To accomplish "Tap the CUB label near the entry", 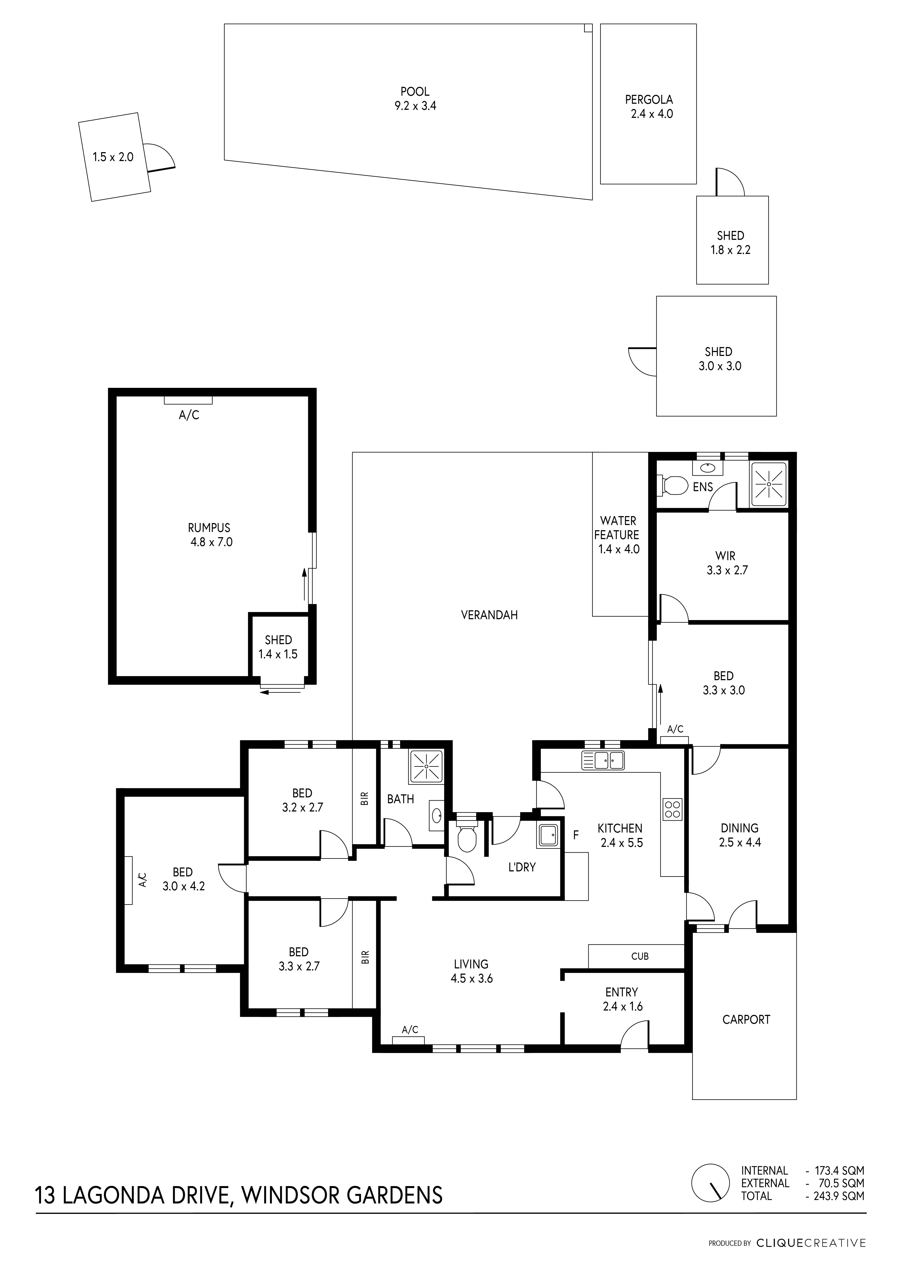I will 639,956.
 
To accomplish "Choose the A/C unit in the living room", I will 408,1040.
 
